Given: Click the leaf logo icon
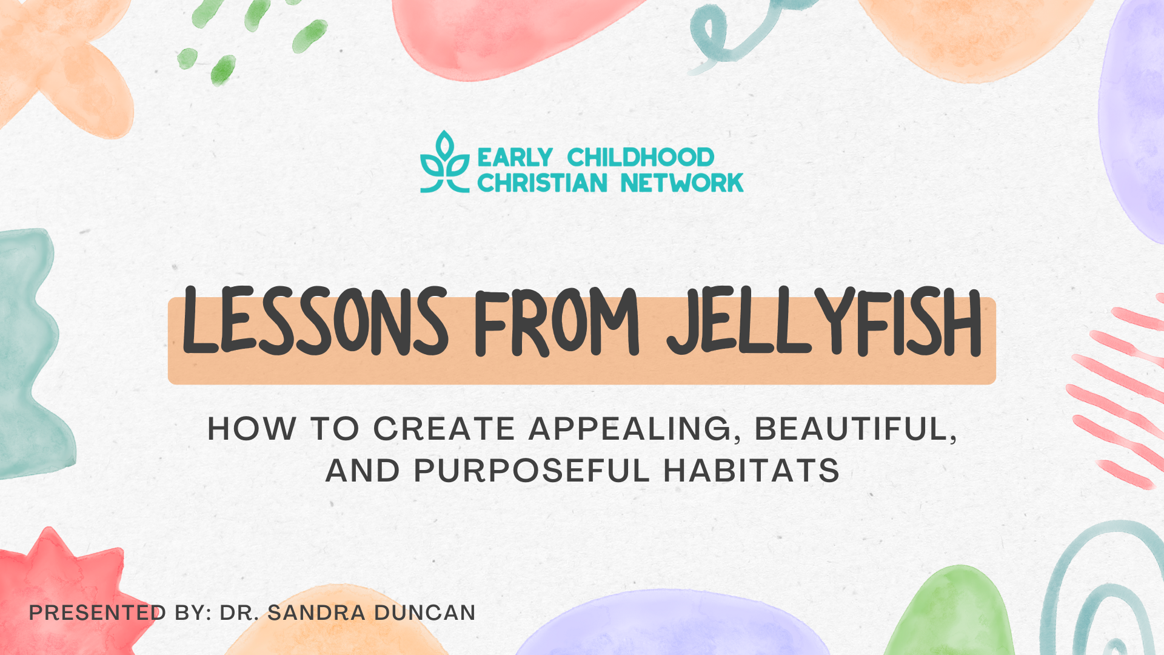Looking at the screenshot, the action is click(445, 162).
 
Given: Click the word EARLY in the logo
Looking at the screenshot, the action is click(515, 158).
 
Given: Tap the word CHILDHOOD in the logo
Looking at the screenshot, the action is click(641, 158).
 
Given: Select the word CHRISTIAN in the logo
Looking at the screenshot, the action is click(542, 183).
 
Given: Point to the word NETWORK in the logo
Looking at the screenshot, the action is click(682, 183).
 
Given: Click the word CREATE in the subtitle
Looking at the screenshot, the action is click(444, 429).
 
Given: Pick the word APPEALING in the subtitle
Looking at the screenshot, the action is click(631, 430).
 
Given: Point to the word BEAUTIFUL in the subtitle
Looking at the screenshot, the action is click(855, 430).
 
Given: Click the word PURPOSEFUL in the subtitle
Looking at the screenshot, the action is click(532, 471).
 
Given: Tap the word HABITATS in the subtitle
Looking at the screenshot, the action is click(752, 471).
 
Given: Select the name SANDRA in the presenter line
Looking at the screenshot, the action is click(316, 613).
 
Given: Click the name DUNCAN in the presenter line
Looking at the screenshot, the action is click(424, 613).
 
